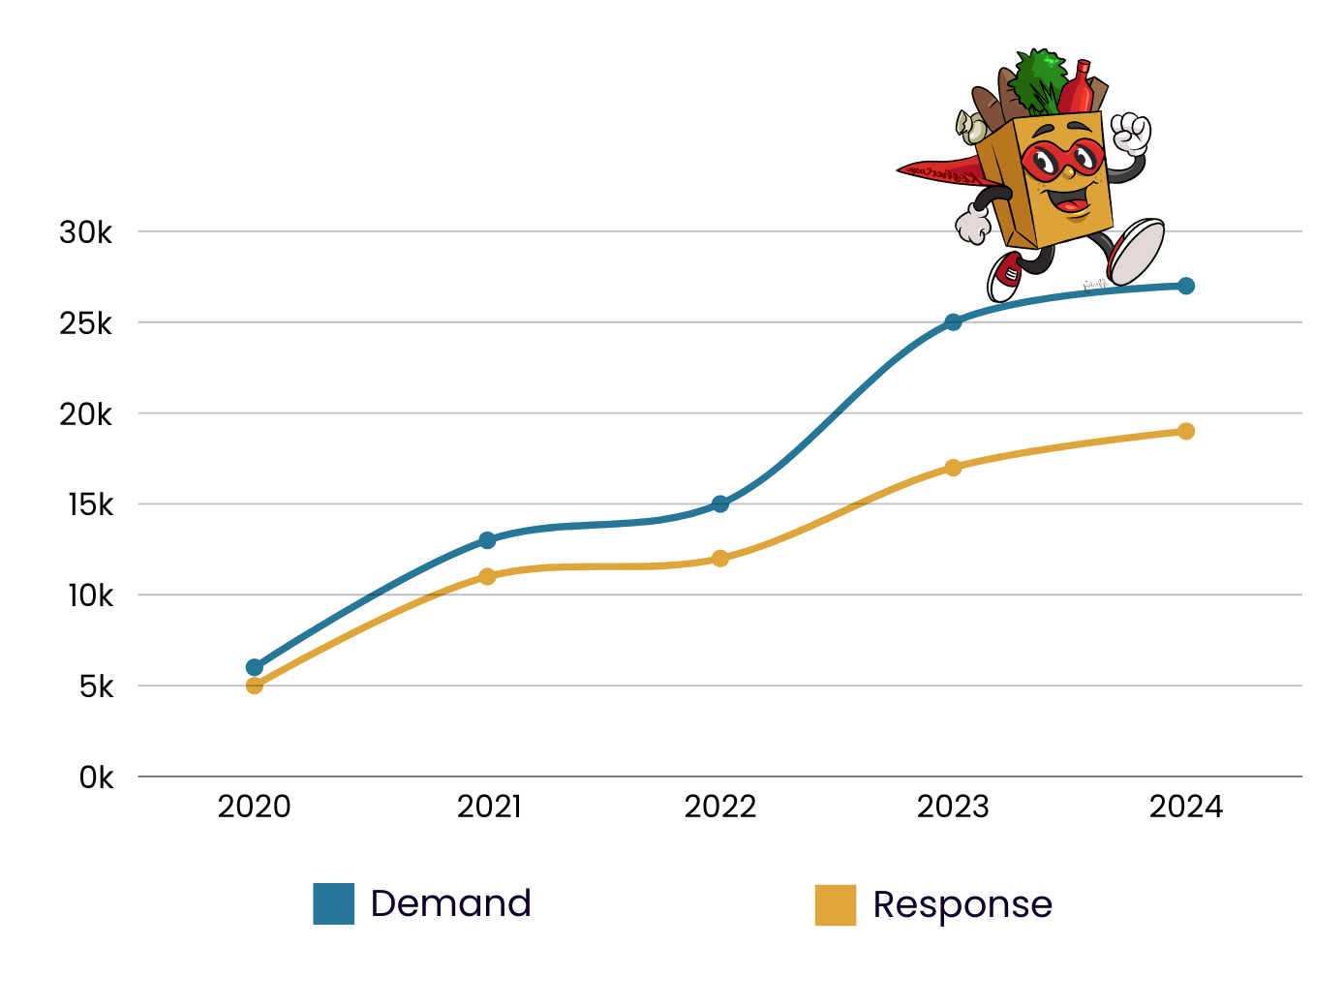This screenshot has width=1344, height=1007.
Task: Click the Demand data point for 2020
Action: click(255, 667)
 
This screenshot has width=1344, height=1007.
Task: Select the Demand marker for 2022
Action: click(720, 503)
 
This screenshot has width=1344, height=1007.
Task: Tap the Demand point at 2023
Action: click(953, 321)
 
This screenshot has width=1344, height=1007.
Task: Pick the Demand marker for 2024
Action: click(1186, 286)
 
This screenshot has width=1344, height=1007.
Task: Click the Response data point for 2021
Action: click(487, 576)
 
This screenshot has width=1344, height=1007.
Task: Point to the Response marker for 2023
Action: click(953, 468)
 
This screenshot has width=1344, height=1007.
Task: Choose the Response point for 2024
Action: click(1186, 431)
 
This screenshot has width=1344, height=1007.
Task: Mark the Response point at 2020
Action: click(255, 686)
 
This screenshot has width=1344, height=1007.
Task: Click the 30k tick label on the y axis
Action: click(85, 232)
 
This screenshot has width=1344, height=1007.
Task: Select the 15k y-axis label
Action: click(89, 504)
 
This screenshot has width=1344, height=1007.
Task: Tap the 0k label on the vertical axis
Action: click(96, 778)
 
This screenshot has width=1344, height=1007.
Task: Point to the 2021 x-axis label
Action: click(489, 807)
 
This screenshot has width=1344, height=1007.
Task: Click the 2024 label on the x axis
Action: click(1186, 807)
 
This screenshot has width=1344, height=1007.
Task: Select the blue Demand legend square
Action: click(334, 904)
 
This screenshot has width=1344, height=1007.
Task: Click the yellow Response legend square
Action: click(836, 905)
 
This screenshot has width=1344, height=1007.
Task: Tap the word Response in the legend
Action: click(962, 905)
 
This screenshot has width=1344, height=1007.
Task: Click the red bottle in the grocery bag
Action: click(1077, 89)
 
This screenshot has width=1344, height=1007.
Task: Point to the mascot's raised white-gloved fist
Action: click(1130, 134)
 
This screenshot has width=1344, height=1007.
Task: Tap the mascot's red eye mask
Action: click(1062, 158)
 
